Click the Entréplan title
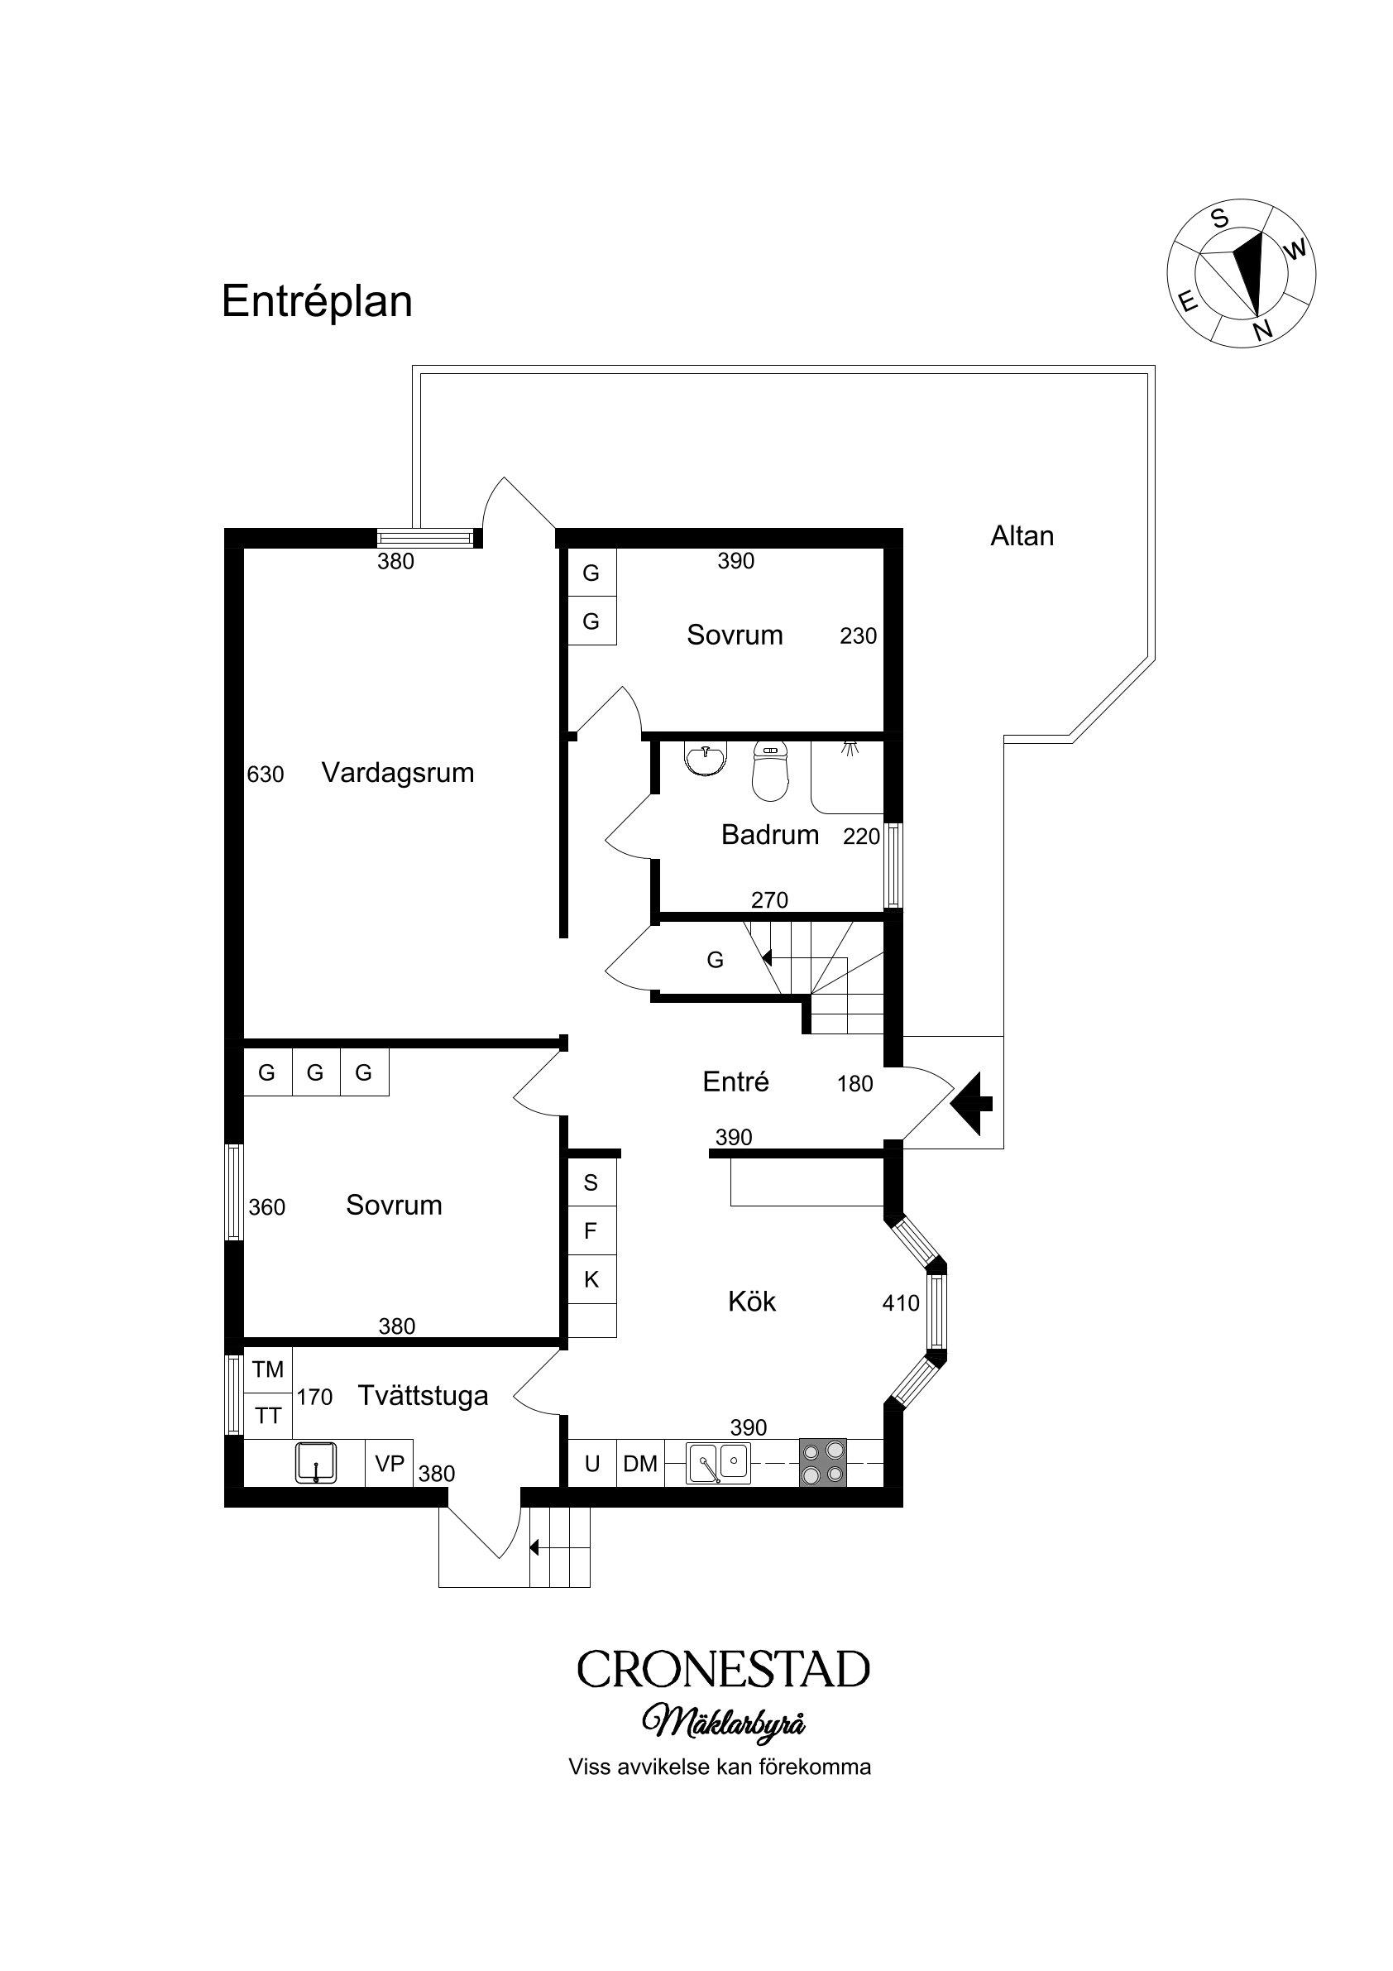317,302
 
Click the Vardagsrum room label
397,773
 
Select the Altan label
1022,535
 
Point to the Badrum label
770,834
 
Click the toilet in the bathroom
770,771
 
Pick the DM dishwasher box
639,1463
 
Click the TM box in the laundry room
268,1369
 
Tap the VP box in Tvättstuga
390,1463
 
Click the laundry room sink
316,1463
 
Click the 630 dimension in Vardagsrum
266,774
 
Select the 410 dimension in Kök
900,1303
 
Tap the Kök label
752,1302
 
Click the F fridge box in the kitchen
591,1230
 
